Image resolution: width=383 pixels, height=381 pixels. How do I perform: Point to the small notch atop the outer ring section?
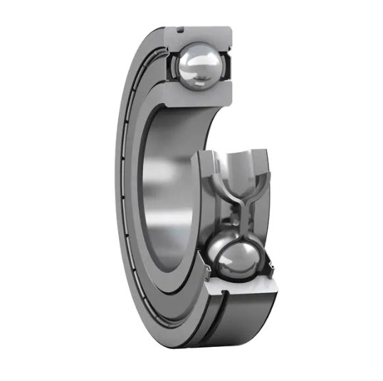(181, 30)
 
